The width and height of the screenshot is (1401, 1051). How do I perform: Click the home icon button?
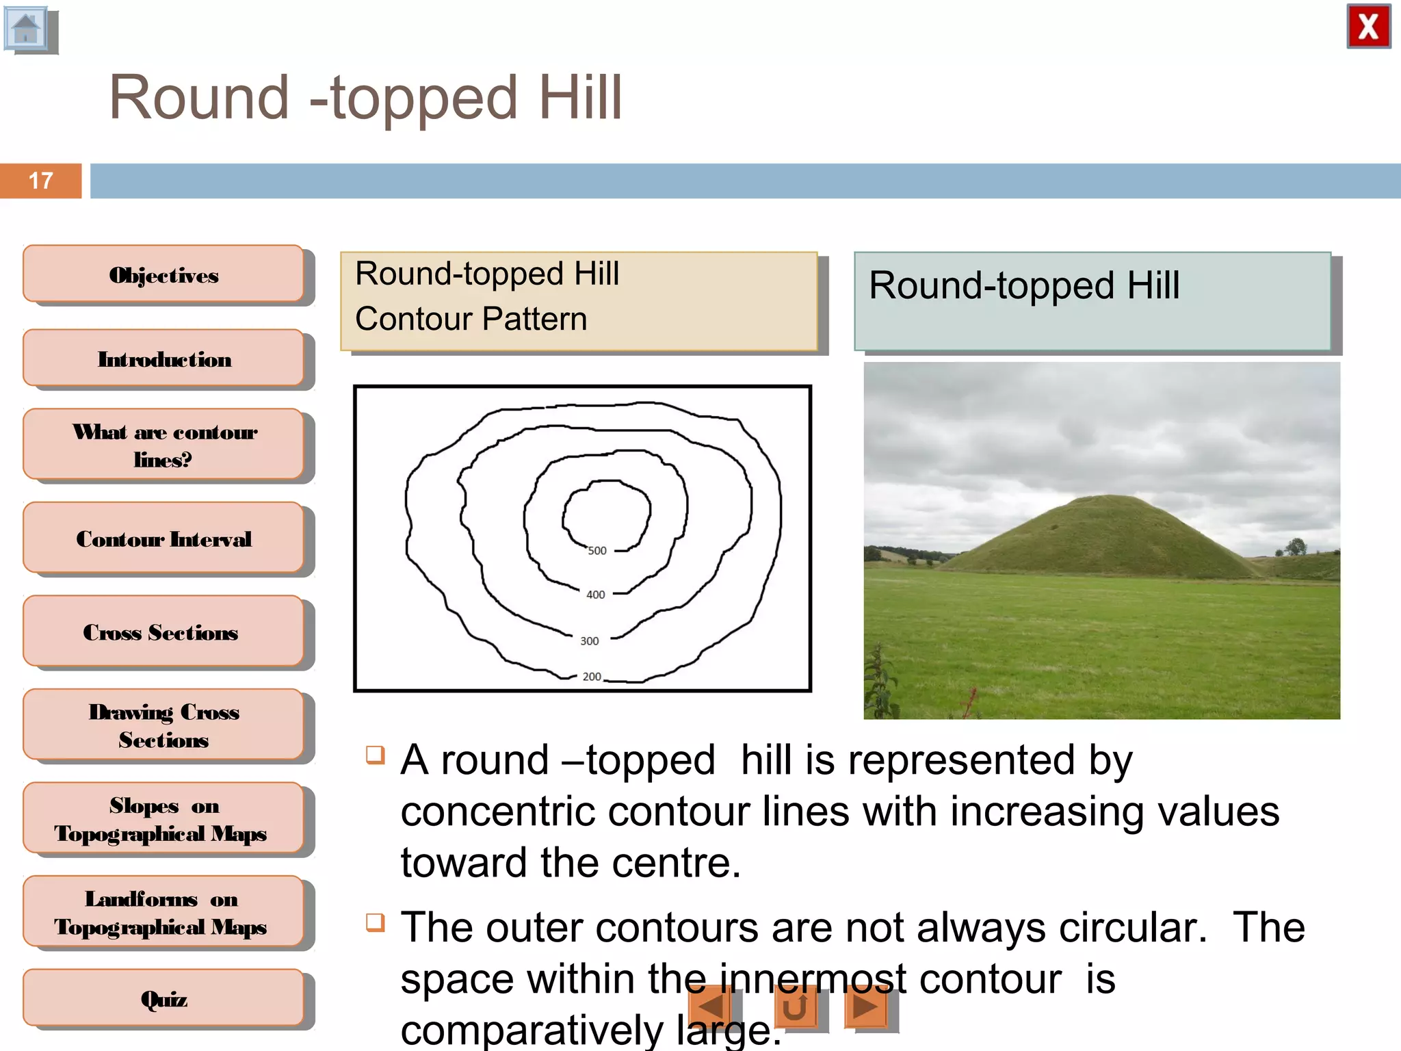pos(27,29)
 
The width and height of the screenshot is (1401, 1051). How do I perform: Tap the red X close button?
pos(1368,27)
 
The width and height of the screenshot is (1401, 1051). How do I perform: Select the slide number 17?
pos(40,181)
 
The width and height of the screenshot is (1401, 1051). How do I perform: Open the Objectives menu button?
pos(163,274)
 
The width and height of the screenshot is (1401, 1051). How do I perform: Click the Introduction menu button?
pos(163,359)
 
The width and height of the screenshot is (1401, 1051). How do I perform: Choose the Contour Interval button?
pos(163,539)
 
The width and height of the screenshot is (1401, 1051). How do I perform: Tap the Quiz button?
pos(163,998)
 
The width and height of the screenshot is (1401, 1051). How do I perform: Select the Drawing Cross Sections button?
pos(163,725)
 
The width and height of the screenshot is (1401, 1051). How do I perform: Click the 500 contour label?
pos(597,551)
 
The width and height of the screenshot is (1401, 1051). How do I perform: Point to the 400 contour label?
pos(596,595)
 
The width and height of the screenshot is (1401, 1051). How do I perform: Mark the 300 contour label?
pos(590,641)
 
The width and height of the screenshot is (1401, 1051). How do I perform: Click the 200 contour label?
pos(592,677)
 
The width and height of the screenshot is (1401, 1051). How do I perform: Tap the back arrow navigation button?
pos(711,1007)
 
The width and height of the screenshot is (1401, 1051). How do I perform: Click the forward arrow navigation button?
pos(866,1007)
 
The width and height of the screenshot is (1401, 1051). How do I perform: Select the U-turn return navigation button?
pos(796,1007)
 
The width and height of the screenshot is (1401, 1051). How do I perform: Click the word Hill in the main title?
pos(580,98)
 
